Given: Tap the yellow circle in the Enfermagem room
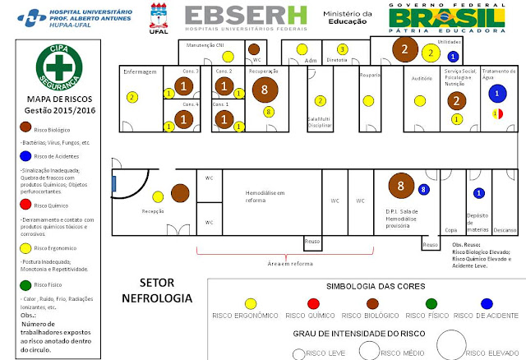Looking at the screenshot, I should (131, 97).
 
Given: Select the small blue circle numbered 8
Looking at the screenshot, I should (423, 190).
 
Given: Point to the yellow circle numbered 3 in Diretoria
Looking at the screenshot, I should (342, 49).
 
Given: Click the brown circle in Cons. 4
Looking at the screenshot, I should (185, 118).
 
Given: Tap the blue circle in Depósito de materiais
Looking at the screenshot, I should (478, 194).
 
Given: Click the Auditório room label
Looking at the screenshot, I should (422, 78).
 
